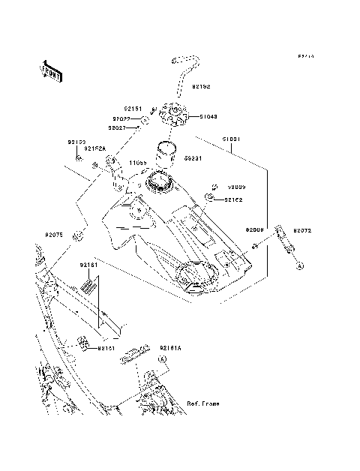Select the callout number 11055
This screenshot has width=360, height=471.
coord(136,162)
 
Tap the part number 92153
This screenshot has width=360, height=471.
coord(77,142)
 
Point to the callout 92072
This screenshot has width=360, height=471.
coord(302,231)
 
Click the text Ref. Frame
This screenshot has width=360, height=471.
coord(203,404)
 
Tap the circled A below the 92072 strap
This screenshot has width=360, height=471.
coord(298,265)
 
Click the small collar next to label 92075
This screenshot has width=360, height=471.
coord(76,238)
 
